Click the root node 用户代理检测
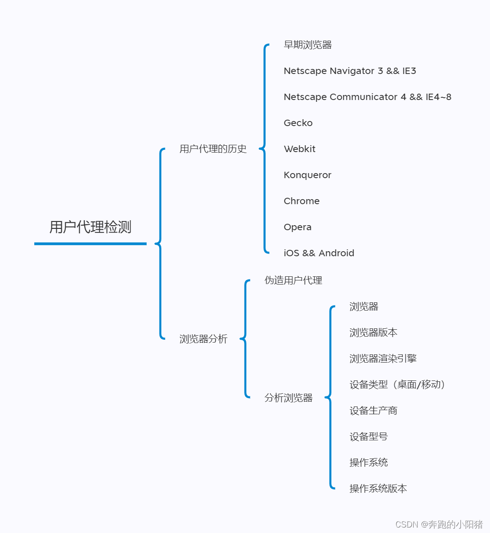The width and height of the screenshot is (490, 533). [x=91, y=227]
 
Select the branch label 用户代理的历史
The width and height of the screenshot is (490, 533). [x=213, y=149]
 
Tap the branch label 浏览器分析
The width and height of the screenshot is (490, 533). [x=203, y=339]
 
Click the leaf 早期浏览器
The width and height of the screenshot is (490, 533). [x=308, y=45]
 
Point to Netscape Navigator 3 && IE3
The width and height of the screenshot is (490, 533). [x=350, y=71]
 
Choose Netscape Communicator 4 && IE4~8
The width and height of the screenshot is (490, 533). [x=367, y=97]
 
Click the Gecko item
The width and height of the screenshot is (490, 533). [x=298, y=123]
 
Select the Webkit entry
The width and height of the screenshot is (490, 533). [x=299, y=149]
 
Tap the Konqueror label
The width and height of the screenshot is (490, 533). [x=307, y=175]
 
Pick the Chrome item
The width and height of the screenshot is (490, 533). [x=302, y=201]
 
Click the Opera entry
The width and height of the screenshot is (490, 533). [x=298, y=227]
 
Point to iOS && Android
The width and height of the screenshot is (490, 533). [x=319, y=253]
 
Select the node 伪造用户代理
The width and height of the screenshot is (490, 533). [x=293, y=280]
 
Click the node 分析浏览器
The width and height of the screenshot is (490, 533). [x=288, y=398]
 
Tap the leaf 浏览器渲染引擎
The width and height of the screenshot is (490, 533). [x=383, y=359]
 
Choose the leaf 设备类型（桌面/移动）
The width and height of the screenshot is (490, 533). [x=398, y=385]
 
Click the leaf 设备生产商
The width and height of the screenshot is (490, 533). [x=373, y=411]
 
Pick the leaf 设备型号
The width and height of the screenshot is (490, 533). [x=368, y=437]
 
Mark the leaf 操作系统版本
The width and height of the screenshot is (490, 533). [x=378, y=489]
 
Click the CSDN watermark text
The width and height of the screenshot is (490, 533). [x=439, y=524]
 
